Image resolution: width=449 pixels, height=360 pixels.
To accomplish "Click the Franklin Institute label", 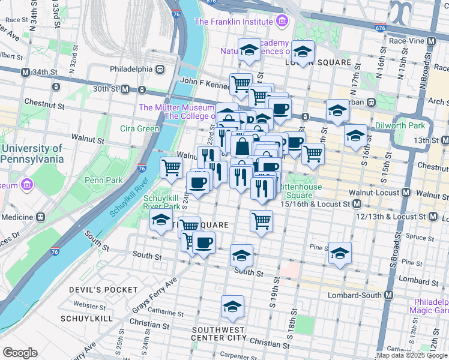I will pyautogui.click(x=234, y=22).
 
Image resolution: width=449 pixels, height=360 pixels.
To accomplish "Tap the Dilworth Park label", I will pyautogui.click(x=399, y=125).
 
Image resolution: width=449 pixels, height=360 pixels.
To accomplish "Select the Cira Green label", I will pyautogui.click(x=139, y=128).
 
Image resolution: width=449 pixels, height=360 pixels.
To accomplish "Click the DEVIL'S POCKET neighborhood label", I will pyautogui.click(x=103, y=289).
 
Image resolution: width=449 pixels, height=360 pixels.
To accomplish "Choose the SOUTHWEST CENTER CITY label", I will pyautogui.click(x=218, y=334).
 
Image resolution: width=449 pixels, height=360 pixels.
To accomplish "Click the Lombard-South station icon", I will pyautogui.click(x=388, y=296).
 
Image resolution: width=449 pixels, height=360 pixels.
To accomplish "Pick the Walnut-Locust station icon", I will pyautogui.click(x=406, y=194).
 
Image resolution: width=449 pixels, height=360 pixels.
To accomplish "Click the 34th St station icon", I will pyautogui.click(x=25, y=72).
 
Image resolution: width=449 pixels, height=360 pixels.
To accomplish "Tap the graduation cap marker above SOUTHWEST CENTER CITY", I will pyautogui.click(x=232, y=307).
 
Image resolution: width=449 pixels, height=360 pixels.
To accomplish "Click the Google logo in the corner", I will pyautogui.click(x=20, y=353).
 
